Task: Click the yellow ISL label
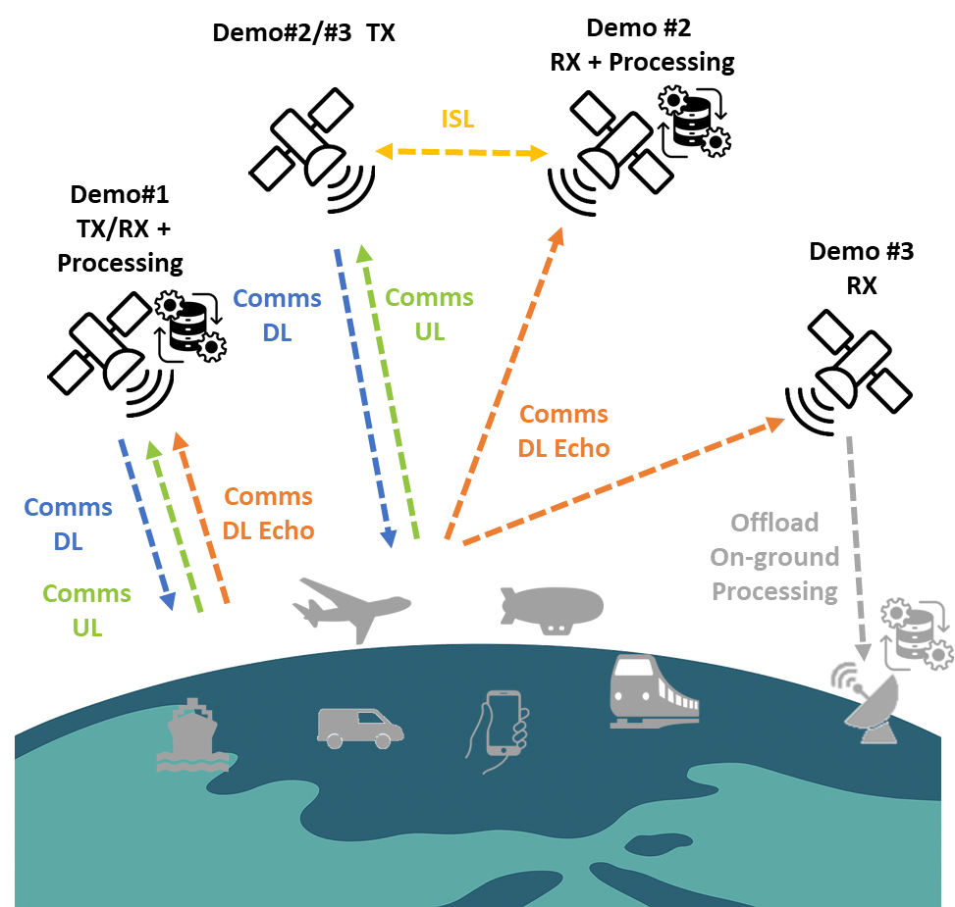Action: coord(456,120)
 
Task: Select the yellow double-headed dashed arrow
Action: coord(461,152)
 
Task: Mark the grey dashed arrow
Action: coord(856,549)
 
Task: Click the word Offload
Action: coord(774,523)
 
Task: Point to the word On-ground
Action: coord(774,557)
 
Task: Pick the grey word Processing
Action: coord(774,591)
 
